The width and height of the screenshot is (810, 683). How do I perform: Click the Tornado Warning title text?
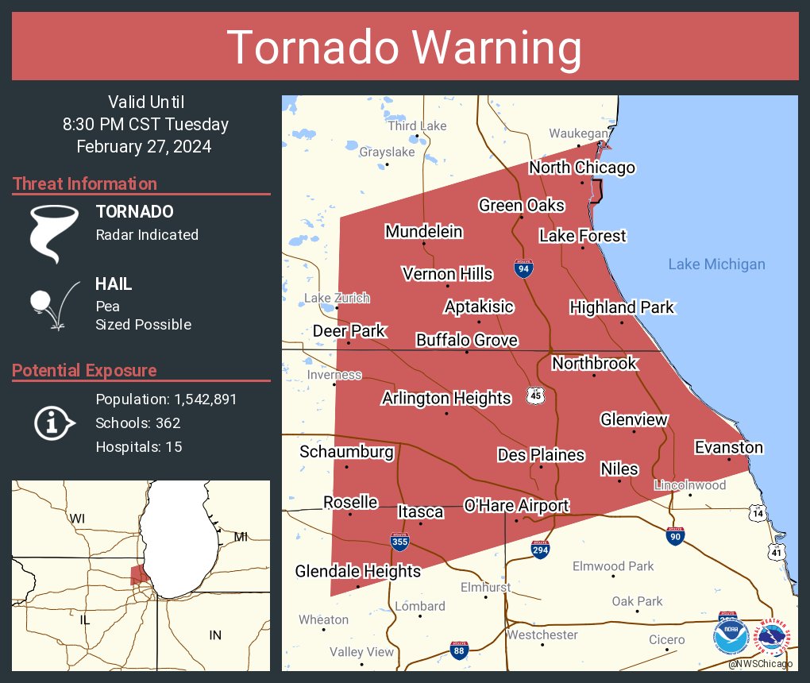click(x=405, y=48)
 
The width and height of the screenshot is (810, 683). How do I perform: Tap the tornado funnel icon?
click(x=54, y=233)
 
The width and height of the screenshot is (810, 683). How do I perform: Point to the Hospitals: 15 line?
click(x=139, y=447)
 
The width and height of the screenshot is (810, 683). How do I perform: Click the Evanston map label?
click(x=728, y=448)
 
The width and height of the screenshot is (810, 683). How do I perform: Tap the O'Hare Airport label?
click(x=516, y=506)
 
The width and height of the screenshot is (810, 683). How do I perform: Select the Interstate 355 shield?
click(x=399, y=542)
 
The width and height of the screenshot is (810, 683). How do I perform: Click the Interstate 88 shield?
click(x=457, y=650)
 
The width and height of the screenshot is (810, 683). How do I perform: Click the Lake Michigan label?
click(x=716, y=264)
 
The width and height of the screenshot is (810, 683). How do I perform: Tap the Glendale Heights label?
click(x=357, y=571)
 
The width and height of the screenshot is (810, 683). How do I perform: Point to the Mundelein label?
click(x=423, y=232)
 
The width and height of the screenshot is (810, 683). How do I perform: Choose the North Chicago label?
click(x=582, y=168)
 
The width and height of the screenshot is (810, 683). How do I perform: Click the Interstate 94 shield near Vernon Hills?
click(x=523, y=268)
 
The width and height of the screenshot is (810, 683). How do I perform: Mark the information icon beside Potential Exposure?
click(x=52, y=423)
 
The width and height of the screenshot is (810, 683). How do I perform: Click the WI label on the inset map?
click(x=77, y=519)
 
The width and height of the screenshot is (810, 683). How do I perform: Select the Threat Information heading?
click(x=85, y=184)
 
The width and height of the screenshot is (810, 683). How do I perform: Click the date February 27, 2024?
click(x=144, y=147)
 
